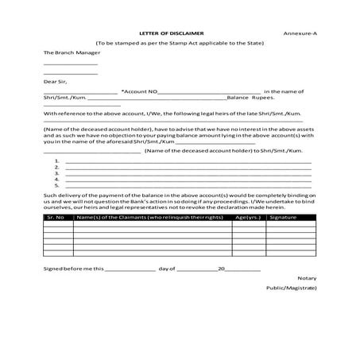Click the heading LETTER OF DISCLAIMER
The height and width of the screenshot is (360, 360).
tap(172, 33)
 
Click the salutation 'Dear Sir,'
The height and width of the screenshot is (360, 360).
tap(56, 81)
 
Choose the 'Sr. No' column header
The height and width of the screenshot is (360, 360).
tap(56, 216)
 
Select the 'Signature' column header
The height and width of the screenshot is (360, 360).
tap(283, 216)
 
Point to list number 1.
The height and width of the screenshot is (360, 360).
tap(57, 161)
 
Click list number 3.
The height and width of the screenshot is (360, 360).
tap(57, 173)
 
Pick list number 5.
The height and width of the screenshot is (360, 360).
tap(57, 185)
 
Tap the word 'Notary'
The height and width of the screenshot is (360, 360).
tap(306, 278)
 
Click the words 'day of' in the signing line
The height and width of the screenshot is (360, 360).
tap(166, 269)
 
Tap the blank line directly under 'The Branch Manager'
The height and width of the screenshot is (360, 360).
tap(70, 64)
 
